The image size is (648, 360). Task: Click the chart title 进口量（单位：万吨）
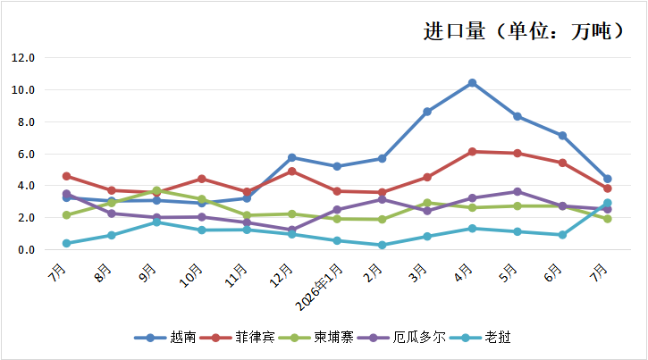click(x=523, y=31)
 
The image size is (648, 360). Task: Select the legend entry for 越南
click(x=165, y=338)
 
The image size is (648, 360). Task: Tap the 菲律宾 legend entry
click(x=238, y=338)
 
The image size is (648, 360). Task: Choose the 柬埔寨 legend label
click(x=316, y=338)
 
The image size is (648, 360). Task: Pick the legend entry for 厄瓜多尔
click(x=401, y=338)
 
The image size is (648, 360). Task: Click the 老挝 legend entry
click(x=480, y=338)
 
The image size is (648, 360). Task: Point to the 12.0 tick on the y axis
click(x=23, y=58)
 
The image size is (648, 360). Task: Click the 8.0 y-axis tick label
click(x=26, y=122)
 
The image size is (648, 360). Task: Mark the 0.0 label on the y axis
click(x=26, y=250)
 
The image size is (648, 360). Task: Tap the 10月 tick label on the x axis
click(x=191, y=276)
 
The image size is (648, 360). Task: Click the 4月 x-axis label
click(x=463, y=272)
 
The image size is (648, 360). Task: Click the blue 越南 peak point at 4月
click(x=472, y=83)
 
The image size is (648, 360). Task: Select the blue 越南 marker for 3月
click(x=427, y=112)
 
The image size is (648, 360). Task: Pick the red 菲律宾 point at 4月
click(x=472, y=152)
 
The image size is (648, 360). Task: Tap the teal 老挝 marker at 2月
click(x=382, y=245)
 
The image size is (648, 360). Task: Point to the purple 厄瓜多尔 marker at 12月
click(x=291, y=230)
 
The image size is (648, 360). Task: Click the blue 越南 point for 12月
click(x=291, y=157)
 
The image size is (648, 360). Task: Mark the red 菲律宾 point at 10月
click(x=202, y=179)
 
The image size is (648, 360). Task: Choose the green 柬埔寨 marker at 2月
click(x=382, y=219)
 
